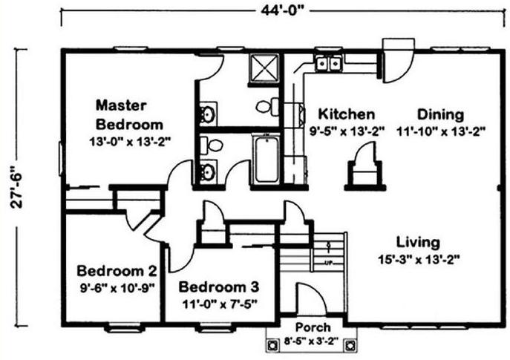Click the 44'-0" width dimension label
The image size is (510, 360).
282,10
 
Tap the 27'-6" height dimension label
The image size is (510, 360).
16,188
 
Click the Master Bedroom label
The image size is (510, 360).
129,115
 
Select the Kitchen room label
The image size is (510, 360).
347,114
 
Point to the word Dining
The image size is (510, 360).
440,114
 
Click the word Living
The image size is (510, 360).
418,242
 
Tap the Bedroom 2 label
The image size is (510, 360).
117,271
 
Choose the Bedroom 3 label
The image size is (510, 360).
219,287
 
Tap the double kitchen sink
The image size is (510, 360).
328,63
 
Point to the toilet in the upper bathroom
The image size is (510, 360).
268,106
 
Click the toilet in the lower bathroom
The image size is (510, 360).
211,145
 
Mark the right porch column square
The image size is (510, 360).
350,345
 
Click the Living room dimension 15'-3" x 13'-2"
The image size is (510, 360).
419,260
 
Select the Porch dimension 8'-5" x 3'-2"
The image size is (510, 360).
312,341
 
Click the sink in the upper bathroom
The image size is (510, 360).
208,114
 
